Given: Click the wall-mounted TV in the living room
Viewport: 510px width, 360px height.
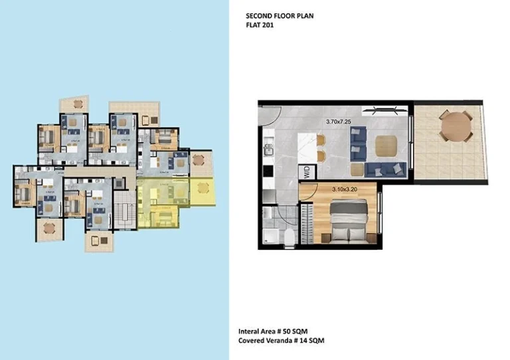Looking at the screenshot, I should (384, 108).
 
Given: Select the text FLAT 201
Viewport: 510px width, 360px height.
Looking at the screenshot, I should (260, 25).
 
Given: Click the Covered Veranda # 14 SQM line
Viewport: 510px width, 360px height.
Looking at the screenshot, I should (282, 341).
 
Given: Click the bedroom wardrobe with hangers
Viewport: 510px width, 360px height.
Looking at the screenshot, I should (306, 219).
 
